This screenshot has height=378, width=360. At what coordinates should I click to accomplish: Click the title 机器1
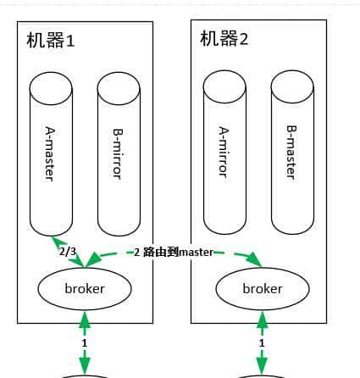51,40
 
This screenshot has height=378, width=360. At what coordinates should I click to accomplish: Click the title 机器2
224,39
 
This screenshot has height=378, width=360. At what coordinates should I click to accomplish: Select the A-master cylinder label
51,153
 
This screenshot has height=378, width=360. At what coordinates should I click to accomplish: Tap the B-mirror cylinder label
119,153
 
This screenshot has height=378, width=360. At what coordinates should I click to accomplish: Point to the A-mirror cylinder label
224,152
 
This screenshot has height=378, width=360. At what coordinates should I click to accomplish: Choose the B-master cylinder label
292,152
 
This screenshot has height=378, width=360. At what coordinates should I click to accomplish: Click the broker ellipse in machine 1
85,289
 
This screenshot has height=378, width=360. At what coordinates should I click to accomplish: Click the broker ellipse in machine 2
263,289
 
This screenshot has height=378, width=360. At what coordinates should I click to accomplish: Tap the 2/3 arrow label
68,252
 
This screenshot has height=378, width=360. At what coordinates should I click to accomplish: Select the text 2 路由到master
173,252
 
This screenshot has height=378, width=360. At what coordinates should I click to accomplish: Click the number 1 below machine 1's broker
85,342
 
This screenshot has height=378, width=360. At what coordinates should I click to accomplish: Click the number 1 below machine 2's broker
263,342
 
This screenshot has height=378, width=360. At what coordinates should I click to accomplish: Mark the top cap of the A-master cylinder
51,86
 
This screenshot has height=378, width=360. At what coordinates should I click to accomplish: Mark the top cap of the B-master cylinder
292,84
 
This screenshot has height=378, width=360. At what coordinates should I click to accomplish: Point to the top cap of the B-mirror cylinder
119,86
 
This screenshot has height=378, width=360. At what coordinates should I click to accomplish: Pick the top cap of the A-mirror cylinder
224,84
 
